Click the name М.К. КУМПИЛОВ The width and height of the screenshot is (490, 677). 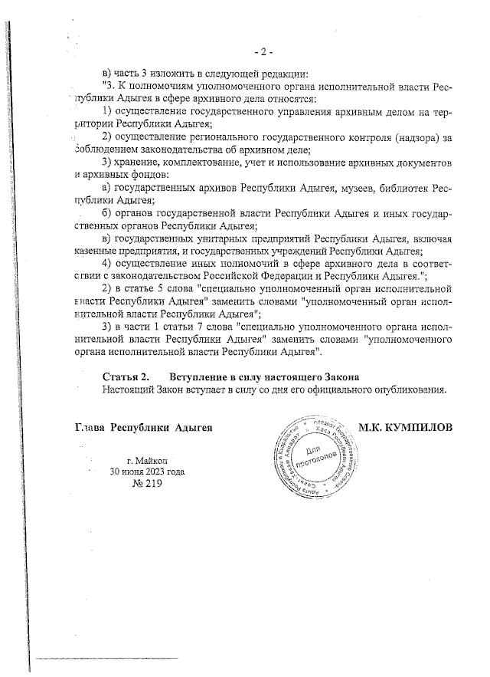tap(406, 426)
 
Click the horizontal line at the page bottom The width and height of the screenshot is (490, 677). tap(107, 658)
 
